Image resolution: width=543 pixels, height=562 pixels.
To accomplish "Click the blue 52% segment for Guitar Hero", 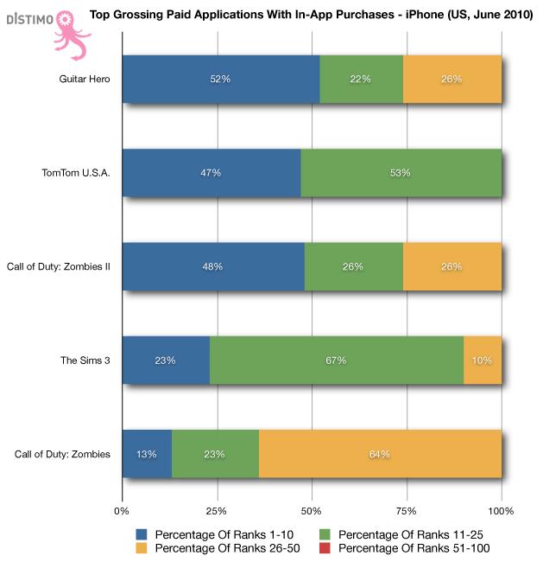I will (x=221, y=79).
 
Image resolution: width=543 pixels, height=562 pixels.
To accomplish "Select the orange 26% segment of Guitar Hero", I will (x=452, y=79).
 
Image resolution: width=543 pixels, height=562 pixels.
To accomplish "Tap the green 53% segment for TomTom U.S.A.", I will (x=401, y=173).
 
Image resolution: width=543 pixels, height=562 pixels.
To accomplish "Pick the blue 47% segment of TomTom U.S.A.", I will (x=211, y=173).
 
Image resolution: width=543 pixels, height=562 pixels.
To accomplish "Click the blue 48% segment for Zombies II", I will (x=213, y=266).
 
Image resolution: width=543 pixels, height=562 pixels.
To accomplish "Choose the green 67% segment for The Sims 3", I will (x=337, y=360).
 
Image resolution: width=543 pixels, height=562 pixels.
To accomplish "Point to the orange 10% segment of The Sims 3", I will (x=483, y=360).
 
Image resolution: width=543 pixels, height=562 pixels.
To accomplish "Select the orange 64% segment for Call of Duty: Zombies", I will (x=380, y=453).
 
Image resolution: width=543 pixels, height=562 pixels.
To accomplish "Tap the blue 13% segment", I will (x=147, y=453).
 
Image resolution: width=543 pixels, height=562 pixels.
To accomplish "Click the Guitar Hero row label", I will (x=85, y=80).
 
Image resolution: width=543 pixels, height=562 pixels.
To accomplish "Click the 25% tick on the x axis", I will (x=217, y=510).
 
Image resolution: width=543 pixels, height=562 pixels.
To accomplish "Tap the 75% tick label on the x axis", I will (x=407, y=510).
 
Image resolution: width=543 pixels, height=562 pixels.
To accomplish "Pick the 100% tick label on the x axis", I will (x=502, y=510).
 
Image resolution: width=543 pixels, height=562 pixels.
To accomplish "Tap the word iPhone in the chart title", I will (x=386, y=13).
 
